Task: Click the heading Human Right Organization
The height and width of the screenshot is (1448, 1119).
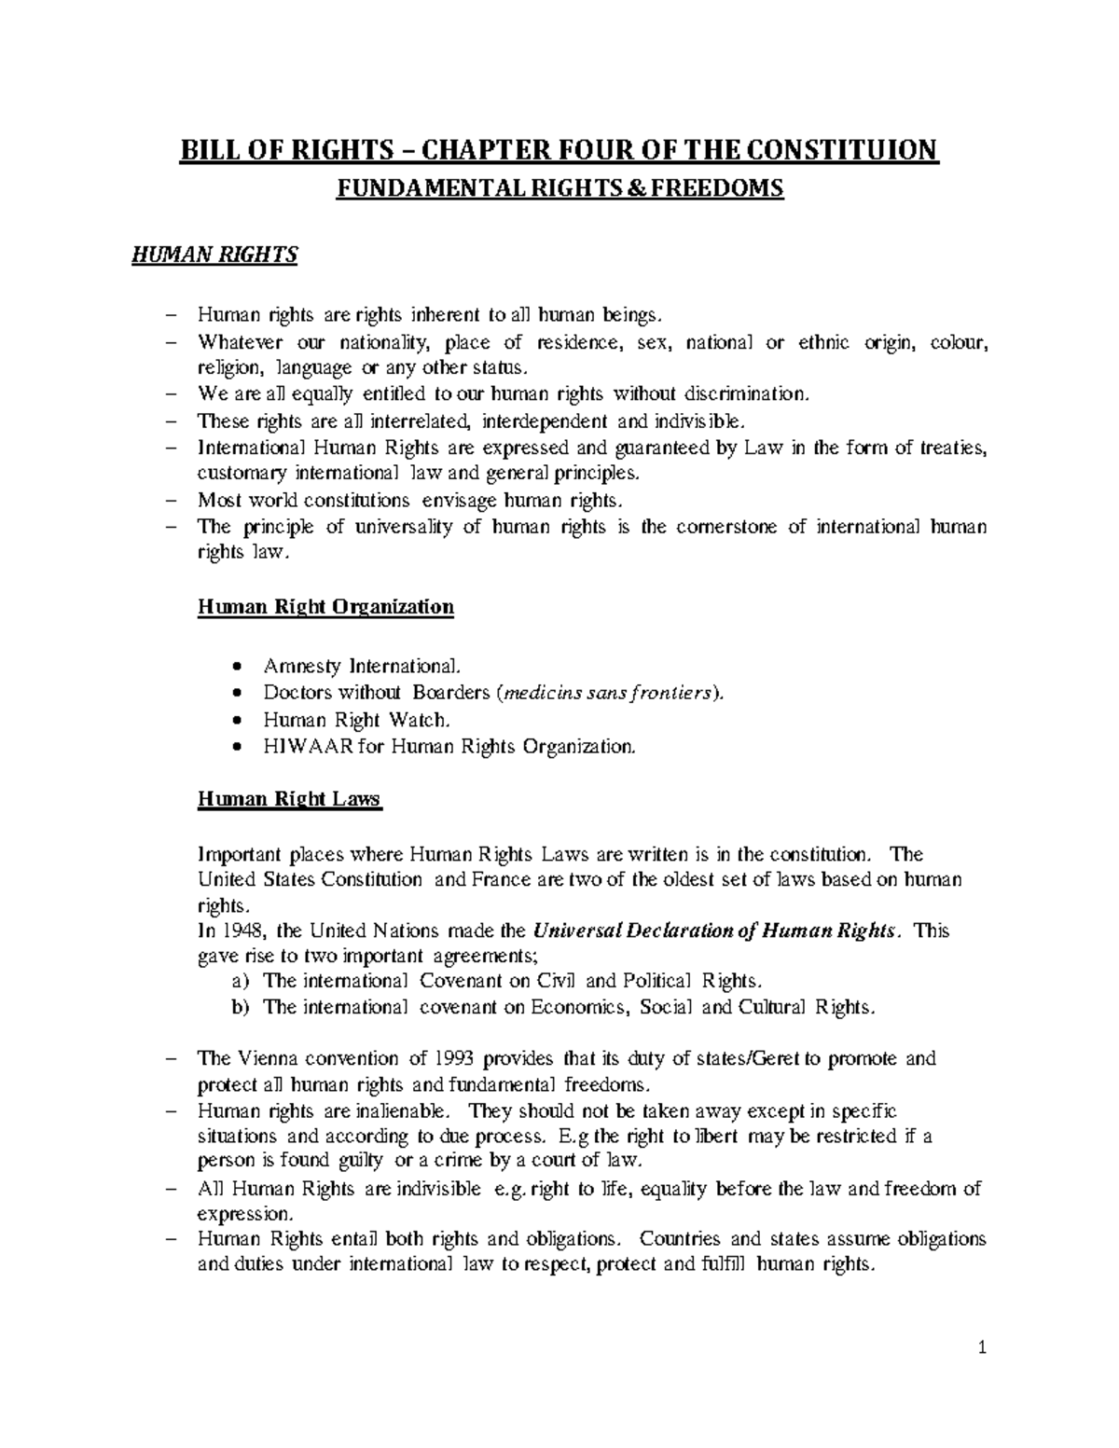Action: pyautogui.click(x=325, y=607)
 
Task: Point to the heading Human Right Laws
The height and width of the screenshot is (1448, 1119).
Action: pyautogui.click(x=290, y=799)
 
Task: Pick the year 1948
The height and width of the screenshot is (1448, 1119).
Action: pyautogui.click(x=243, y=931)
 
